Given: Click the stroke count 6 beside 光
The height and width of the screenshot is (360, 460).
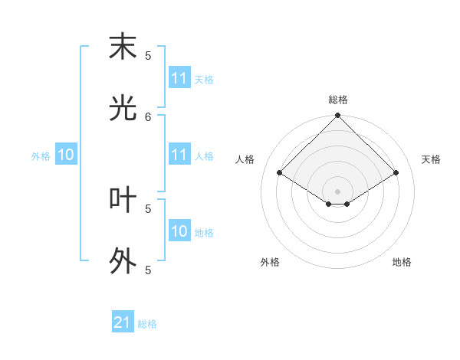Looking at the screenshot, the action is pos(148,116).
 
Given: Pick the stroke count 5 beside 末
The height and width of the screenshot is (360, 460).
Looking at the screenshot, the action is pos(148,55).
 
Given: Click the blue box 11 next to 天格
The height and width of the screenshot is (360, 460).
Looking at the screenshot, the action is pos(179,78).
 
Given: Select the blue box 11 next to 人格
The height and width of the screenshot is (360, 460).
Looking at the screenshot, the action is pos(179,155).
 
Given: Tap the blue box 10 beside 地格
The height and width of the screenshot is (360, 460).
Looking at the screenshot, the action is pos(179,231).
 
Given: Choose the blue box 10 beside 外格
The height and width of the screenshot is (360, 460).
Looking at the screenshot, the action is pos(65,155).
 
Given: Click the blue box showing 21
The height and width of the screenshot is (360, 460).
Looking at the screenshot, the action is pos(122,322).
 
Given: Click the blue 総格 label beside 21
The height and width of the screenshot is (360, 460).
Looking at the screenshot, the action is pos(147,324).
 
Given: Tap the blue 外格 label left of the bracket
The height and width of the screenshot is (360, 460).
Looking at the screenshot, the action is pos(41,156).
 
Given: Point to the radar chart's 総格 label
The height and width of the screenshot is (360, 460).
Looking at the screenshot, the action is pos(337,100).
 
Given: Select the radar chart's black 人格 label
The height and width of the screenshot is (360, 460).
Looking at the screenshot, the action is pos(245,159).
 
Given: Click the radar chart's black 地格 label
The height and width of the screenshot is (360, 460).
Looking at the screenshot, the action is pos(402,262).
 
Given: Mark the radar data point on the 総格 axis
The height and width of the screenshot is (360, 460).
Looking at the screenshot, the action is pos(337,116).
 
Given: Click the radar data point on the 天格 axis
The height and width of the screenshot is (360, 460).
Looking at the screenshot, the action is pos(396,173).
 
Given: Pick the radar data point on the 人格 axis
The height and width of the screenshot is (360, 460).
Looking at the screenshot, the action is pos(280,173).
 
